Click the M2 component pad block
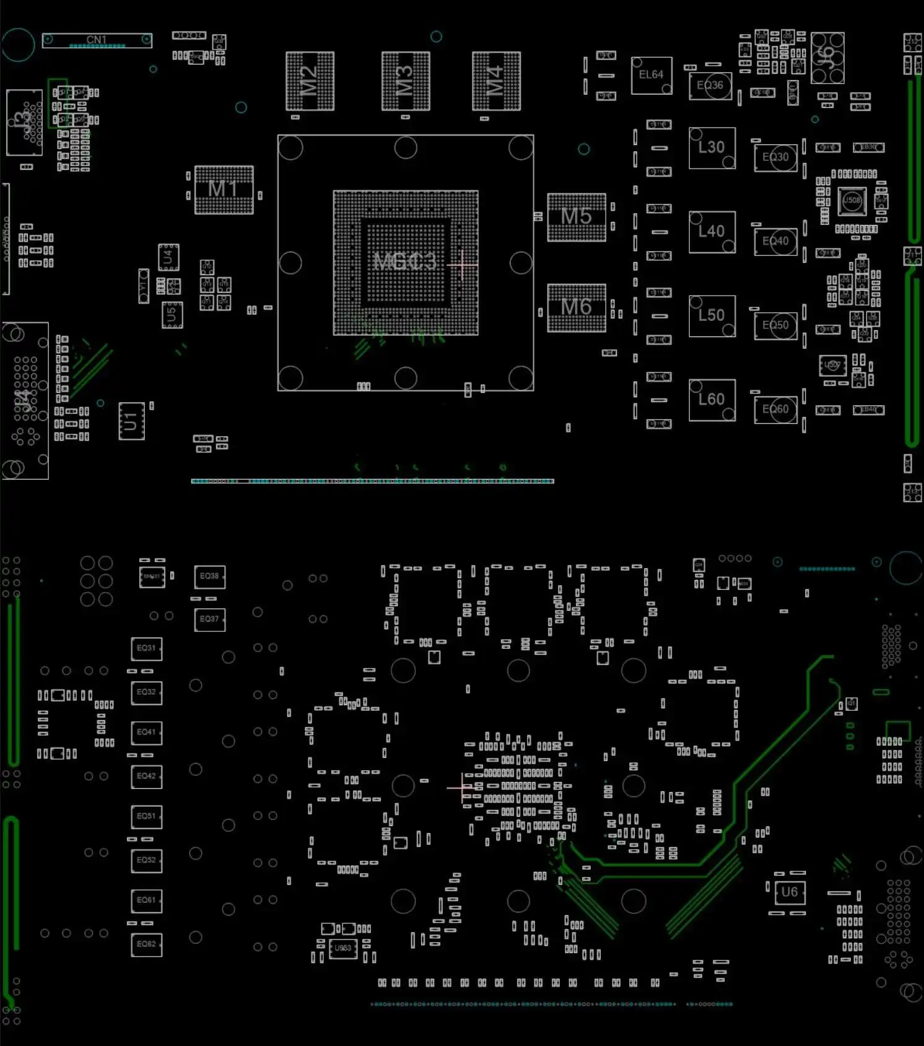310,81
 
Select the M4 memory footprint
496,81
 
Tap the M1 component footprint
224,190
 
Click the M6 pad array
577,307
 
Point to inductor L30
712,148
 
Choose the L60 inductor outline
712,400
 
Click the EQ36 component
710,86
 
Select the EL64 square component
652,76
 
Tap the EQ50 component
776,326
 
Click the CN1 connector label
97,40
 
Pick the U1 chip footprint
131,421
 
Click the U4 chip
168,257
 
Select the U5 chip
172,315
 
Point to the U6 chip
790,892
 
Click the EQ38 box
209,576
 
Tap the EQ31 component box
147,648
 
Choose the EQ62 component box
147,944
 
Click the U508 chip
852,200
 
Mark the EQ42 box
147,776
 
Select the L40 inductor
712,232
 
